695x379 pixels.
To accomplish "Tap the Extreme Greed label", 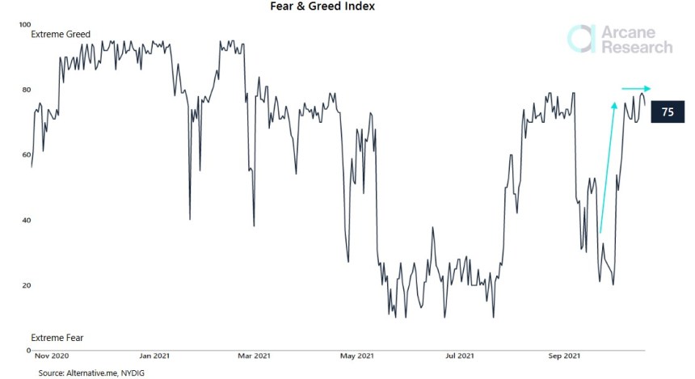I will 61,35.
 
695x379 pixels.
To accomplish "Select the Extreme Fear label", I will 57,337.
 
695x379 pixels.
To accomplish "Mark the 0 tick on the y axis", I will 27,351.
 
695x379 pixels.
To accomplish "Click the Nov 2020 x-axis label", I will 53,356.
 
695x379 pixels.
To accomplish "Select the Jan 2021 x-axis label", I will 154,356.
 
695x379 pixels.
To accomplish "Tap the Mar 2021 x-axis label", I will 255,356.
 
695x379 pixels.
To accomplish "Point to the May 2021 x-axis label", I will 357,356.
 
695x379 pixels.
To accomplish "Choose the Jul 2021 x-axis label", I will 460,356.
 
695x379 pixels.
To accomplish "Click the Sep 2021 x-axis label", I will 562,356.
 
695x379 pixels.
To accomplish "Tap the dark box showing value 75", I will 668,112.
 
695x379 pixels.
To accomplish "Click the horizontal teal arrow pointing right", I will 636,88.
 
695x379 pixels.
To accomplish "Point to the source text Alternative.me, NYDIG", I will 90,373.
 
